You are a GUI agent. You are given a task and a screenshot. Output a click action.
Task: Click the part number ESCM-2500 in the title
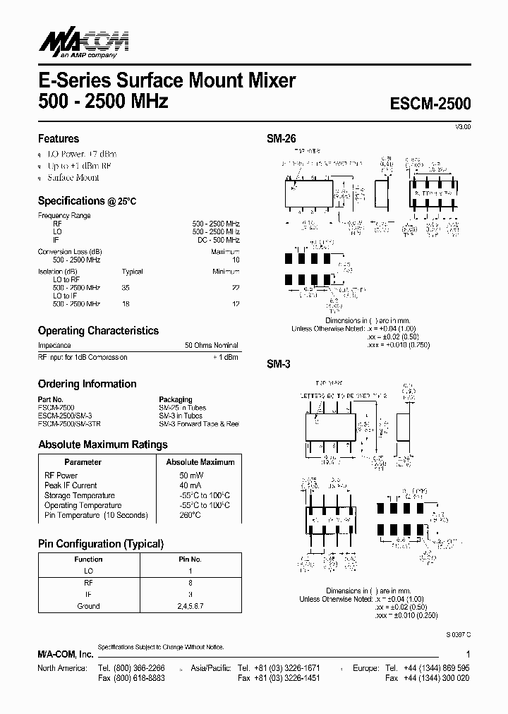430,103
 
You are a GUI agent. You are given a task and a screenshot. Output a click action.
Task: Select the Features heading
59,139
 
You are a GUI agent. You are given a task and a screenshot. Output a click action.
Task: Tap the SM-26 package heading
281,139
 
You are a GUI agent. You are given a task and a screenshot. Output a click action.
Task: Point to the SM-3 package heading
279,365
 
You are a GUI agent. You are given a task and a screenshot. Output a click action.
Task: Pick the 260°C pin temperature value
189,515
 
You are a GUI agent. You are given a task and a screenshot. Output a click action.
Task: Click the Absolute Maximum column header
200,462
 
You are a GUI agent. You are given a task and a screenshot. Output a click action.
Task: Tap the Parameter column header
83,462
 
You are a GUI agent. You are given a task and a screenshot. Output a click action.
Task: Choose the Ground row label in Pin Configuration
88,606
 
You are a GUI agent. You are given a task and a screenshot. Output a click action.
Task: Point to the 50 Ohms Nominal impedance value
212,346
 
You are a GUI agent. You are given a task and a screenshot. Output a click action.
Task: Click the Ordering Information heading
87,384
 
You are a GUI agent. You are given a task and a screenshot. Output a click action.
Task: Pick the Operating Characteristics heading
98,330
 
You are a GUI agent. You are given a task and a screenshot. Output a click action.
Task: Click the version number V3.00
462,126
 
